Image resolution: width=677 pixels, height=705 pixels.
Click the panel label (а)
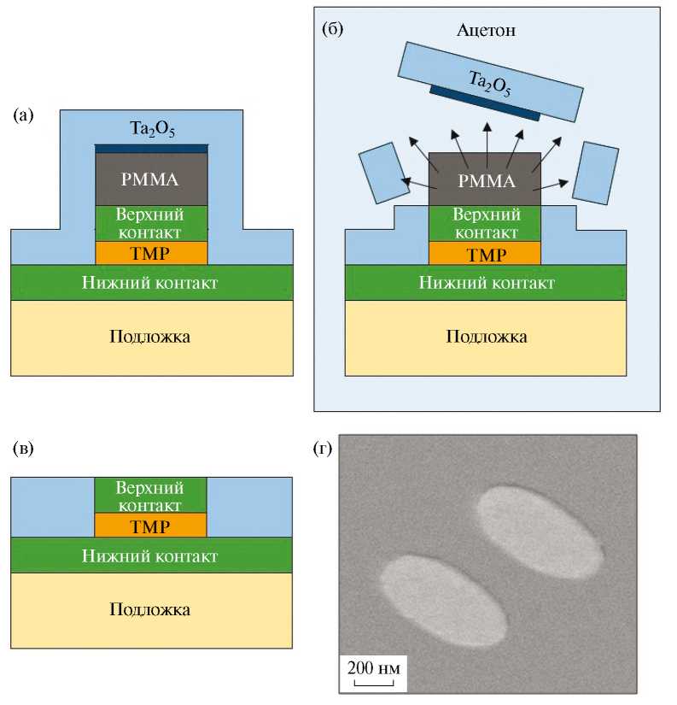tap(23, 115)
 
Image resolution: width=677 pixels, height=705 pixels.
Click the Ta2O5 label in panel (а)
tap(151, 127)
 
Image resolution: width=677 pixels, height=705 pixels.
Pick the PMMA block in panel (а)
tap(151, 179)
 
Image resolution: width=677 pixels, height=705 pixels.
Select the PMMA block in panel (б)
tap(485, 180)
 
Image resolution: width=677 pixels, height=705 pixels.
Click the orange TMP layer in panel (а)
tap(151, 253)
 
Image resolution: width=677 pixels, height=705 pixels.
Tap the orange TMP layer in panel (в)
tap(151, 526)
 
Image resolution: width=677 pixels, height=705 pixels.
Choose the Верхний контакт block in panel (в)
tap(151, 495)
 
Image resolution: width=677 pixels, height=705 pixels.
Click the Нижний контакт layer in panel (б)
tap(485, 283)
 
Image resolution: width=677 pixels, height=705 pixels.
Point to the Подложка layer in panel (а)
tap(151, 336)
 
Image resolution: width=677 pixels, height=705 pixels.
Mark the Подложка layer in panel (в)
tap(151, 609)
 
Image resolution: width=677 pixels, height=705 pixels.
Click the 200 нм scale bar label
tap(372, 667)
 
